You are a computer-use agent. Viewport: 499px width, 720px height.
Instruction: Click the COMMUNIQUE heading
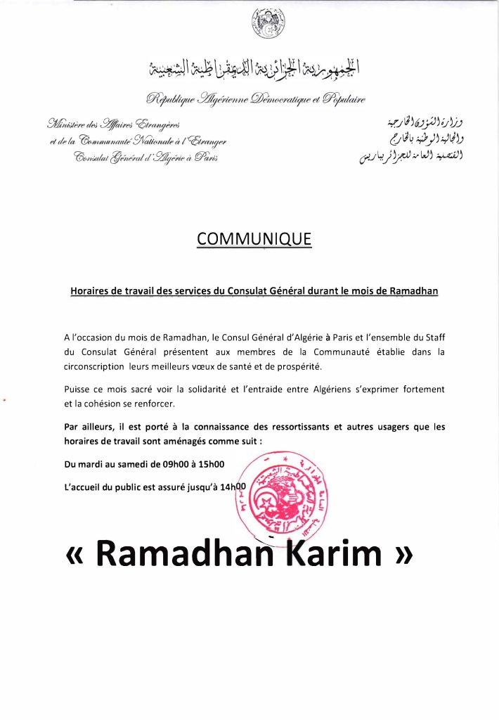[x=254, y=239]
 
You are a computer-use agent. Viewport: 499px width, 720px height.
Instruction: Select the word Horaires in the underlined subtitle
[x=92, y=290]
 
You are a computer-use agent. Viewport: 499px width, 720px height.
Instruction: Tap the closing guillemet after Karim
[x=401, y=553]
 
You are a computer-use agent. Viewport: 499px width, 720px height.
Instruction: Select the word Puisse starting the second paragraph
[x=77, y=389]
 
